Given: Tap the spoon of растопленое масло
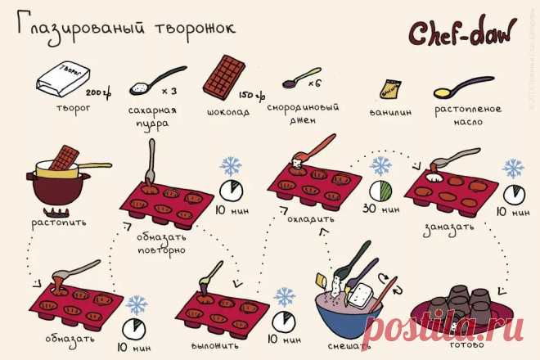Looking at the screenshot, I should (462, 87).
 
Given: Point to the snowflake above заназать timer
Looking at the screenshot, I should (513, 169).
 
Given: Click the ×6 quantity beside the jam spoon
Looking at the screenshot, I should (313, 83).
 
